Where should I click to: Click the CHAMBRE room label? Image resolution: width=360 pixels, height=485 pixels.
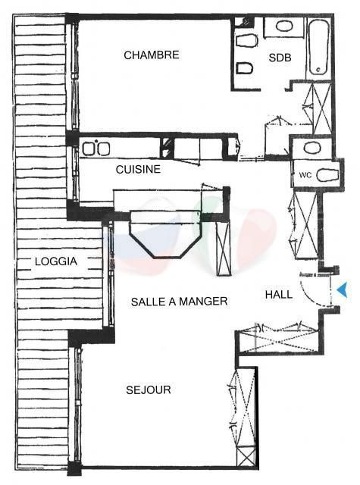click(x=152, y=55)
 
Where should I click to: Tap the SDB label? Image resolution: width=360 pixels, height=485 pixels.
click(x=280, y=58)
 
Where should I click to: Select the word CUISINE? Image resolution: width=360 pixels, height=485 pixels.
click(x=138, y=169)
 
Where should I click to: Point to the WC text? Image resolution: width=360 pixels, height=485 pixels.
click(x=305, y=175)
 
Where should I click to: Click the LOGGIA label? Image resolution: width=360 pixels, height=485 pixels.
click(x=56, y=261)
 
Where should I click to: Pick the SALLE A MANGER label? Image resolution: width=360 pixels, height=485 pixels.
click(x=179, y=302)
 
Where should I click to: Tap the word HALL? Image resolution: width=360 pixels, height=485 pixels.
click(x=279, y=294)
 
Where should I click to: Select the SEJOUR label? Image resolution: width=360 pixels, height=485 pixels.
click(x=149, y=390)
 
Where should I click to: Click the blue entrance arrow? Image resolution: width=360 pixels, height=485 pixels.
click(x=343, y=289)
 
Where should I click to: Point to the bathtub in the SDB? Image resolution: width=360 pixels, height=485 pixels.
click(x=318, y=47)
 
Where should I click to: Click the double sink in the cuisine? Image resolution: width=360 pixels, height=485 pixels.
click(x=96, y=149)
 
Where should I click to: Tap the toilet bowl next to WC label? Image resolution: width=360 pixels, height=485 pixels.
click(x=328, y=176)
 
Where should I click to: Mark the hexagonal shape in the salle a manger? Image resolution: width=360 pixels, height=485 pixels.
click(x=166, y=234)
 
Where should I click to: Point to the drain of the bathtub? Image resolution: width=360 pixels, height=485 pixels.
click(x=319, y=70)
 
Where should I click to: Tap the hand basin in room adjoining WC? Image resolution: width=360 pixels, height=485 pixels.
click(x=311, y=148)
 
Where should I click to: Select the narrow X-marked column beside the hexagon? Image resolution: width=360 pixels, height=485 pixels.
click(x=224, y=249)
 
